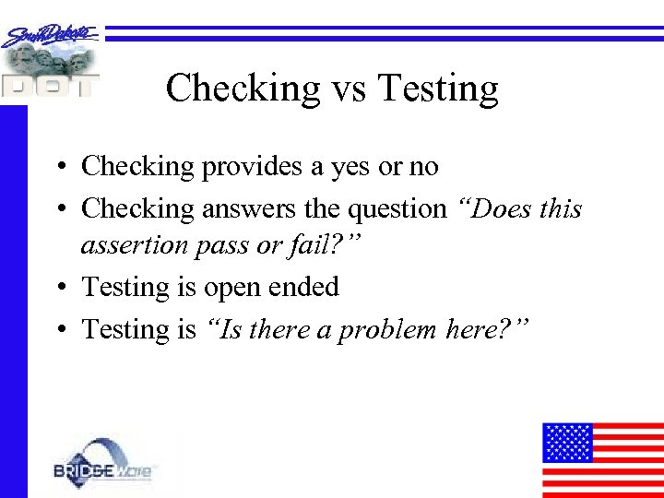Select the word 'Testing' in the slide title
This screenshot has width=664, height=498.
pyautogui.click(x=438, y=89)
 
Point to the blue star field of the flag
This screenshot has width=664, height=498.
pyautogui.click(x=566, y=442)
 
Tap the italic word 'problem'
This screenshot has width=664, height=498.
pyautogui.click(x=387, y=329)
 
